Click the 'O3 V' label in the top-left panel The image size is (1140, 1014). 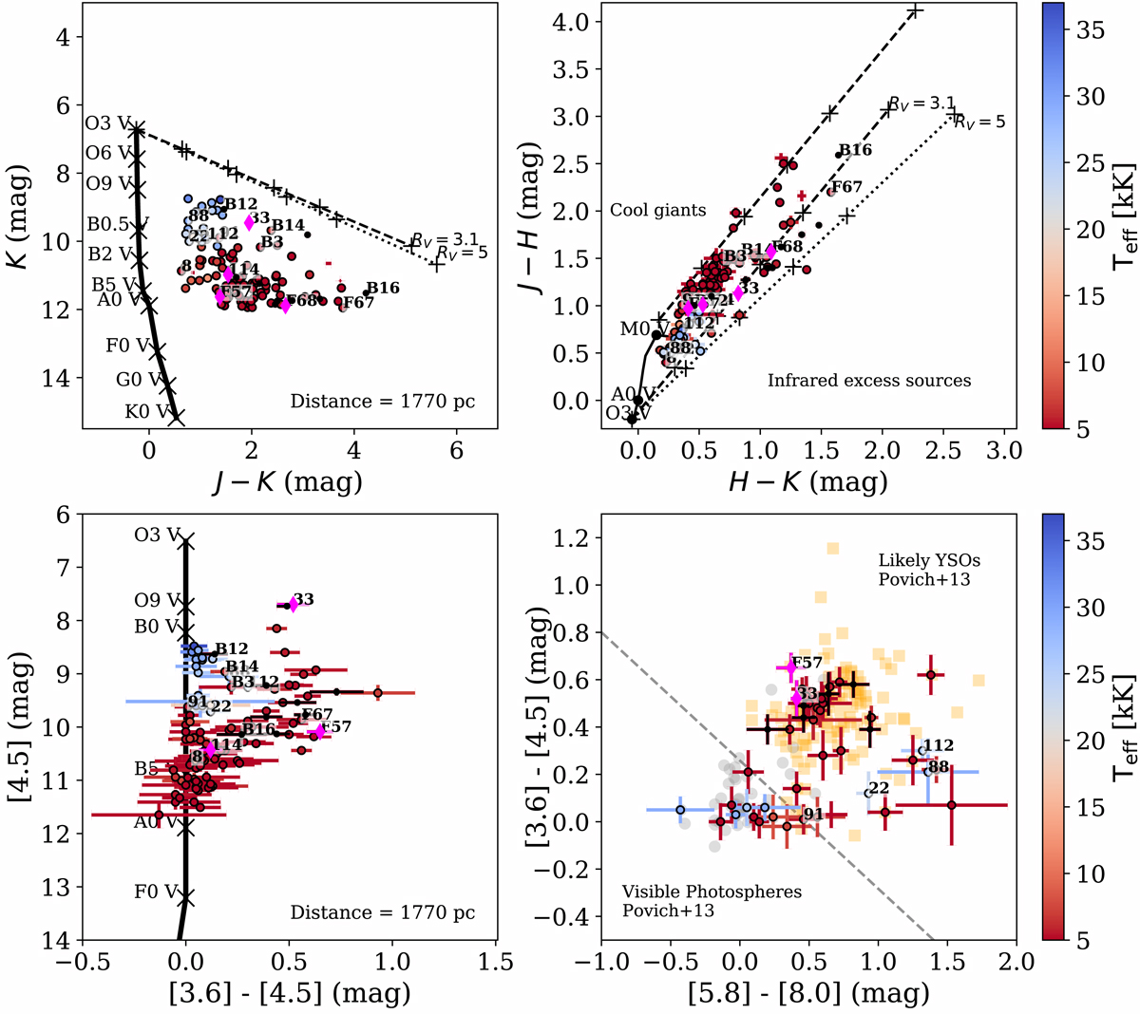[106, 123]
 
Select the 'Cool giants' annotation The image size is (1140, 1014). [657, 211]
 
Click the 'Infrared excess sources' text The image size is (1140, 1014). [869, 381]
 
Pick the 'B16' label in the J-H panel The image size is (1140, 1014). [853, 150]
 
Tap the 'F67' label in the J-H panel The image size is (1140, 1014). [845, 187]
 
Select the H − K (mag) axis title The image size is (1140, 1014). [807, 481]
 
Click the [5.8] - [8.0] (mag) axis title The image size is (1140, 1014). [807, 994]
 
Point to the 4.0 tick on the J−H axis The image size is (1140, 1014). [574, 22]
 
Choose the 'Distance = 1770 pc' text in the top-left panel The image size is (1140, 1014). [382, 402]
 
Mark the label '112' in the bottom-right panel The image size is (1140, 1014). [938, 746]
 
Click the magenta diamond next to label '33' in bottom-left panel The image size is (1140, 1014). [292, 605]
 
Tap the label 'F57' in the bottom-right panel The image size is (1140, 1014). [807, 663]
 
